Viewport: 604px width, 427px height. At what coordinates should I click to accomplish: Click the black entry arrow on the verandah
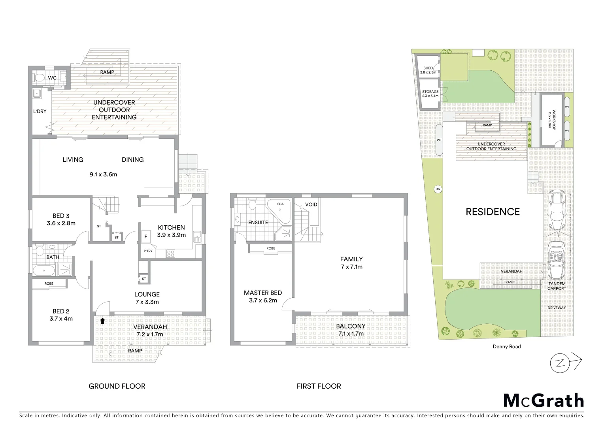point(103,321)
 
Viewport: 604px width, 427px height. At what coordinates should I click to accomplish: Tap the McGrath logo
point(543,401)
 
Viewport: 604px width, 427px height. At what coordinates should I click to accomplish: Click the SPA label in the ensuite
point(280,204)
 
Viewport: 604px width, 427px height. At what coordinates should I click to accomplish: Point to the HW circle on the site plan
point(438,189)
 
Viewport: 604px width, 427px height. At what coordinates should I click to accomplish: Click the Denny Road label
point(506,347)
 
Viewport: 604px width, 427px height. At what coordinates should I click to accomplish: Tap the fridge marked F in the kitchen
point(146,237)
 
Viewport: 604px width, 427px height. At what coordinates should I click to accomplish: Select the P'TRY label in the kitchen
point(148,251)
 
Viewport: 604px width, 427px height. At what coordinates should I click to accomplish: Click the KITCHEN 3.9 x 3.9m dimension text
point(171,235)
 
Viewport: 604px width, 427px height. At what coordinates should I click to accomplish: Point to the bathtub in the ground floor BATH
point(44,271)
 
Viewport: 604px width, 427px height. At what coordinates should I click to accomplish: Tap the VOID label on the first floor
point(311,204)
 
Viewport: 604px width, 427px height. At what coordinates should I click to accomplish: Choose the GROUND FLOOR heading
point(117,386)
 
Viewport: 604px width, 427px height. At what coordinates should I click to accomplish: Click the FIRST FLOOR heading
point(319,386)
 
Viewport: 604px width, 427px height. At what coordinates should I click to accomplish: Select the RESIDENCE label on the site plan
point(493,212)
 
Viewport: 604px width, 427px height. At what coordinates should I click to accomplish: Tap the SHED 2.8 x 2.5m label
point(428,70)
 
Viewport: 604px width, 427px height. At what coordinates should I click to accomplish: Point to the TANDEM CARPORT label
point(557,286)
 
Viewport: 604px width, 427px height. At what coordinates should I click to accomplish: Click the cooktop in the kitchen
point(171,254)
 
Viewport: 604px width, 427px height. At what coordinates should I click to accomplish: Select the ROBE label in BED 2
point(49,283)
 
